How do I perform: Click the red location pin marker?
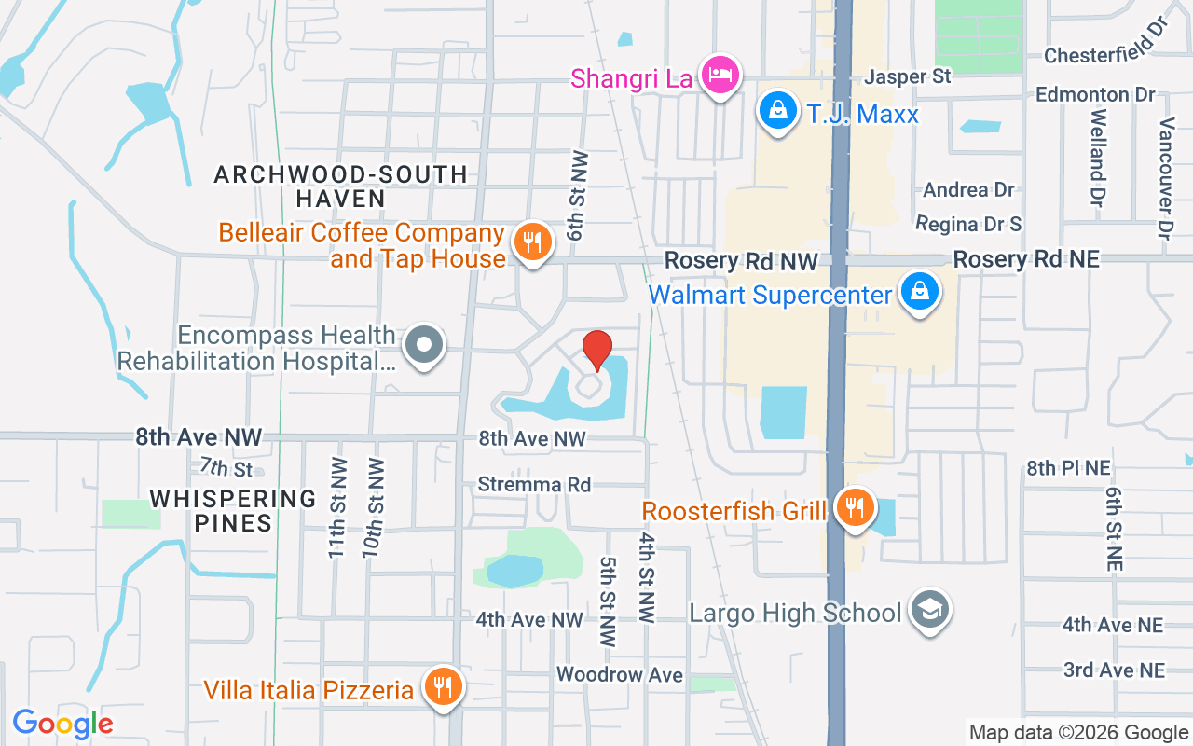pyautogui.click(x=596, y=351)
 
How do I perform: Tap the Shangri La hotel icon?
pyautogui.click(x=720, y=75)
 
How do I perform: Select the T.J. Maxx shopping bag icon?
pyautogui.click(x=777, y=111)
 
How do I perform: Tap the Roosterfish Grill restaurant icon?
pyautogui.click(x=853, y=508)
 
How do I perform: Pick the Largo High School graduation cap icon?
pyautogui.click(x=927, y=610)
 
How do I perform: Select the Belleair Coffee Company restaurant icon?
pyautogui.click(x=532, y=242)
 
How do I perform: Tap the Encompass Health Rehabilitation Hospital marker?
pyautogui.click(x=424, y=345)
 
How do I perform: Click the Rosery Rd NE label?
pyautogui.click(x=1026, y=259)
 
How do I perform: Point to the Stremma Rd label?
pyautogui.click(x=534, y=485)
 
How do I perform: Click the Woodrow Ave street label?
pyautogui.click(x=620, y=674)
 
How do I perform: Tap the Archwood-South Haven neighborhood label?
pyautogui.click(x=340, y=186)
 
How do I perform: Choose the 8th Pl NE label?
pyautogui.click(x=1068, y=468)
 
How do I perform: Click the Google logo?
pyautogui.click(x=62, y=723)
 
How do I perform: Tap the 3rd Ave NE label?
pyautogui.click(x=1114, y=670)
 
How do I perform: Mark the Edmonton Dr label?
pyautogui.click(x=1095, y=95)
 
